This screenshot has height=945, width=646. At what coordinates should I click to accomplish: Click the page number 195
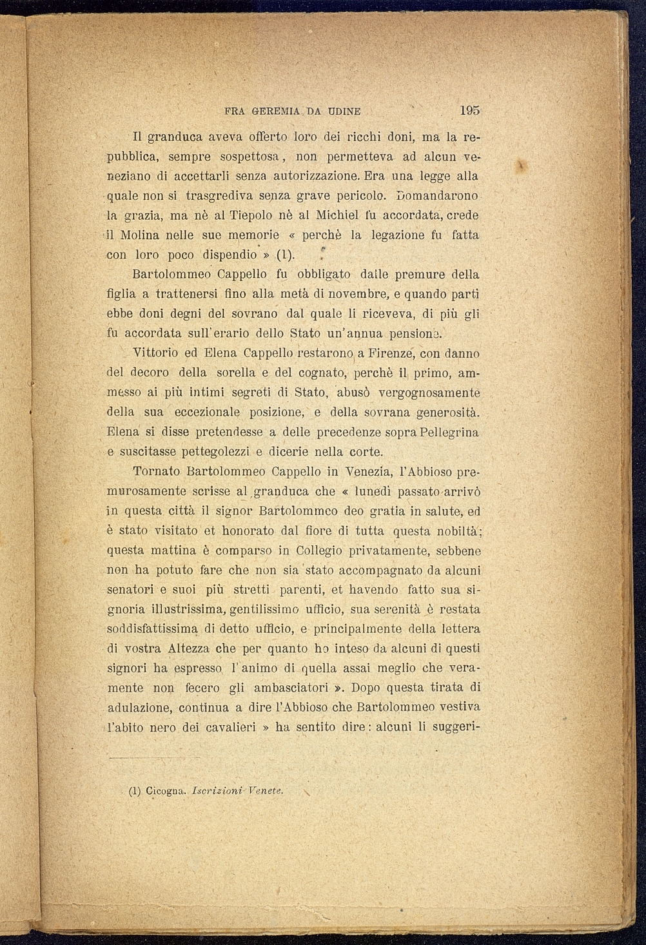click(470, 110)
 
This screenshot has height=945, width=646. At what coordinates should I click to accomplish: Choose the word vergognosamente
click(429, 393)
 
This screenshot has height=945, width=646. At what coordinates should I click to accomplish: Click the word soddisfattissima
click(152, 629)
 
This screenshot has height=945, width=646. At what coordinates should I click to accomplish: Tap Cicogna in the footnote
click(166, 790)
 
